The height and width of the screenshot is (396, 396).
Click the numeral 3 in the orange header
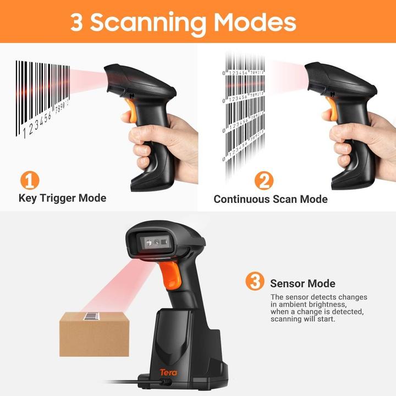(77, 22)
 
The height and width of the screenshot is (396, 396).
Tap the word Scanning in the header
(148, 22)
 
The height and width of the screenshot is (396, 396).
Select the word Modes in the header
(255, 22)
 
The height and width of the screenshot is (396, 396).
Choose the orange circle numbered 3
(254, 282)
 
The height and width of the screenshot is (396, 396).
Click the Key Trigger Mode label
(62, 198)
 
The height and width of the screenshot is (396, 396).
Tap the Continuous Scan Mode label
(270, 199)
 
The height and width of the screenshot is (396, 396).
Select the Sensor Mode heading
(302, 284)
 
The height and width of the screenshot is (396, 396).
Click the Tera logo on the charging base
(168, 372)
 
